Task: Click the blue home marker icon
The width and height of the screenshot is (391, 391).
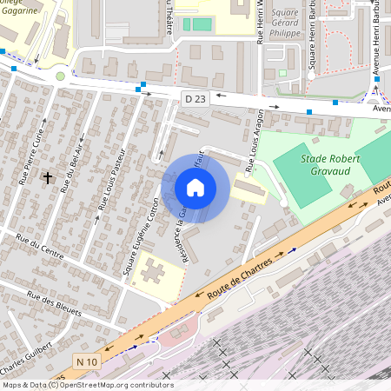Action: coord(195,188)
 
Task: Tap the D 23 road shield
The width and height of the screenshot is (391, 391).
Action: coord(195,99)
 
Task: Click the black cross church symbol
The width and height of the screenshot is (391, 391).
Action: coord(48,177)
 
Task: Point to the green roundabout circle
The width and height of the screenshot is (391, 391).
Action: coord(60,76)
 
